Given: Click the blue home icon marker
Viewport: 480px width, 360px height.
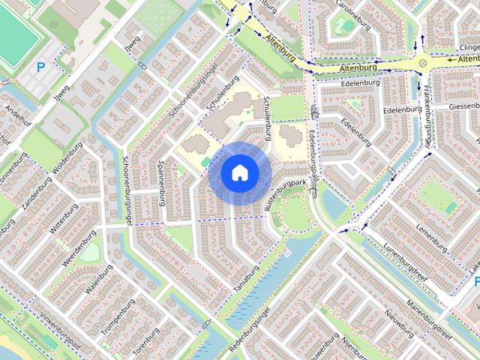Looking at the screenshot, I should click(x=239, y=172).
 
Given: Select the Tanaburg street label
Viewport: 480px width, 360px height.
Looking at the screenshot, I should click(x=246, y=279).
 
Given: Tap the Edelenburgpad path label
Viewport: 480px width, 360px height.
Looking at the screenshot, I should click(x=313, y=154).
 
